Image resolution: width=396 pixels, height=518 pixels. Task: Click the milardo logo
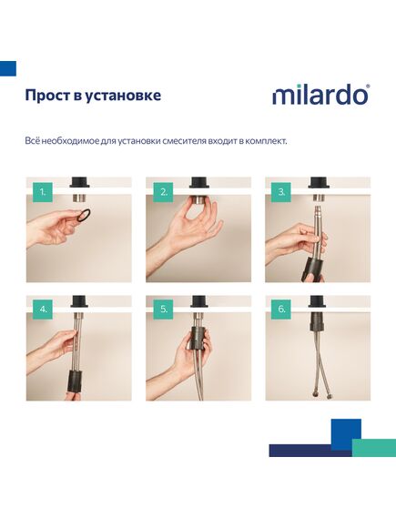pos(320,95)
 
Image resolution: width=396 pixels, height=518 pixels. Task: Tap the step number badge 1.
pos(40,192)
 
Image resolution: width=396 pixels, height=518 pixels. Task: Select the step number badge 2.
pos(164,192)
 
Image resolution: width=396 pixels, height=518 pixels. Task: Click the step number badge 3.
pos(282,192)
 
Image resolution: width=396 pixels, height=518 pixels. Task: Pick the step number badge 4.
pos(40,310)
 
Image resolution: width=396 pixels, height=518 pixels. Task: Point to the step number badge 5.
pos(164,310)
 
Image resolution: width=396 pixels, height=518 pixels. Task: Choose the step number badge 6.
pos(282,310)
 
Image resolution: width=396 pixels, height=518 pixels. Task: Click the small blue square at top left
pos(8,67)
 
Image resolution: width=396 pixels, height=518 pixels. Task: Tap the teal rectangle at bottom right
pos(374,447)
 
